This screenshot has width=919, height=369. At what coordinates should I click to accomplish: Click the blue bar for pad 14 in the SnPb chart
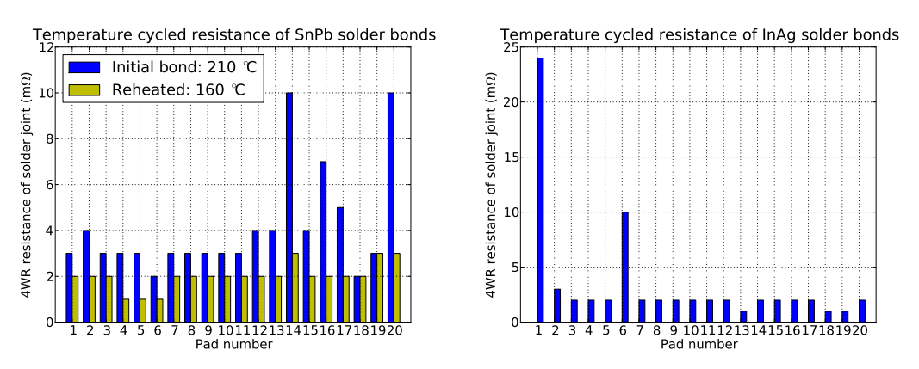click(x=289, y=207)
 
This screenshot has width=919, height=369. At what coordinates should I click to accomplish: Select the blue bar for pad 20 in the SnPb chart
click(x=391, y=207)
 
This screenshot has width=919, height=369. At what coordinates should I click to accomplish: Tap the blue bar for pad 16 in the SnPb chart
click(x=323, y=242)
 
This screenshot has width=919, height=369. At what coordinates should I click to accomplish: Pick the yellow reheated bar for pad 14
click(x=296, y=287)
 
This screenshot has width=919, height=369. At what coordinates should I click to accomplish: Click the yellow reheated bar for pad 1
click(x=75, y=299)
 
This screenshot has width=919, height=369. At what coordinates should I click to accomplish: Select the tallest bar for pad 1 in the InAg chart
click(x=540, y=190)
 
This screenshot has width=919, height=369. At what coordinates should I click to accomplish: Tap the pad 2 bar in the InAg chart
click(x=556, y=305)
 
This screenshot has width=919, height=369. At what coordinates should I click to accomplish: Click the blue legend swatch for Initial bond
click(x=84, y=66)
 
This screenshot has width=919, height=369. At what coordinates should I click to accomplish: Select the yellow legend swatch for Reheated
click(x=84, y=89)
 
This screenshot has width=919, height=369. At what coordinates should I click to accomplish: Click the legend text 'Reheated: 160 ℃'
click(x=179, y=89)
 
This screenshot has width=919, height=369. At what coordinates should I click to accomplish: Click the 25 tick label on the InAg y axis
click(x=510, y=46)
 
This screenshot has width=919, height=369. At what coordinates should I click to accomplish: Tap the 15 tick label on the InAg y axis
click(x=510, y=157)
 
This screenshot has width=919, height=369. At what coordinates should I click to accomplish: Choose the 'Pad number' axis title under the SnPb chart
click(x=234, y=344)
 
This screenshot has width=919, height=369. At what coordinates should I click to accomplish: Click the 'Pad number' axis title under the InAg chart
click(x=699, y=344)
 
